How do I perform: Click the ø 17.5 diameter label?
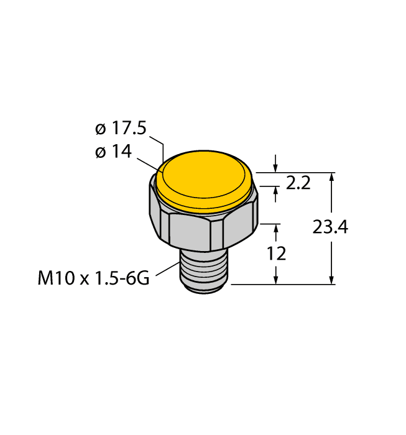120,129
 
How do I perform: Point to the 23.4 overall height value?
330,227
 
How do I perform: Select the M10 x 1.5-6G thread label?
93,278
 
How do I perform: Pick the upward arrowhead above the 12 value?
276,227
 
